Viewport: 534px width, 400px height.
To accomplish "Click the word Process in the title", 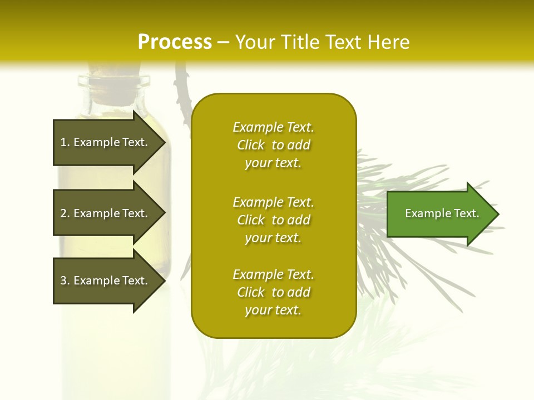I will (175, 42).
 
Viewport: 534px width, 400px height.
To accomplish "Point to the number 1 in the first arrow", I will (63, 142).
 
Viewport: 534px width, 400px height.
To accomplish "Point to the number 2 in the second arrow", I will (63, 213).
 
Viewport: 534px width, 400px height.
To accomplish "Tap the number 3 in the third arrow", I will (63, 281).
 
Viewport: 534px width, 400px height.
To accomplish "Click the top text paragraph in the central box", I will (273, 145).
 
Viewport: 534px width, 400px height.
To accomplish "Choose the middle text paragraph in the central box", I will (273, 220).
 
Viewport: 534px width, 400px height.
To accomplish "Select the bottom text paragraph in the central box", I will (273, 292).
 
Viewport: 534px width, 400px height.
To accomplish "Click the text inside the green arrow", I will (442, 213).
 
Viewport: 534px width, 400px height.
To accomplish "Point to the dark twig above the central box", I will (181, 83).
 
